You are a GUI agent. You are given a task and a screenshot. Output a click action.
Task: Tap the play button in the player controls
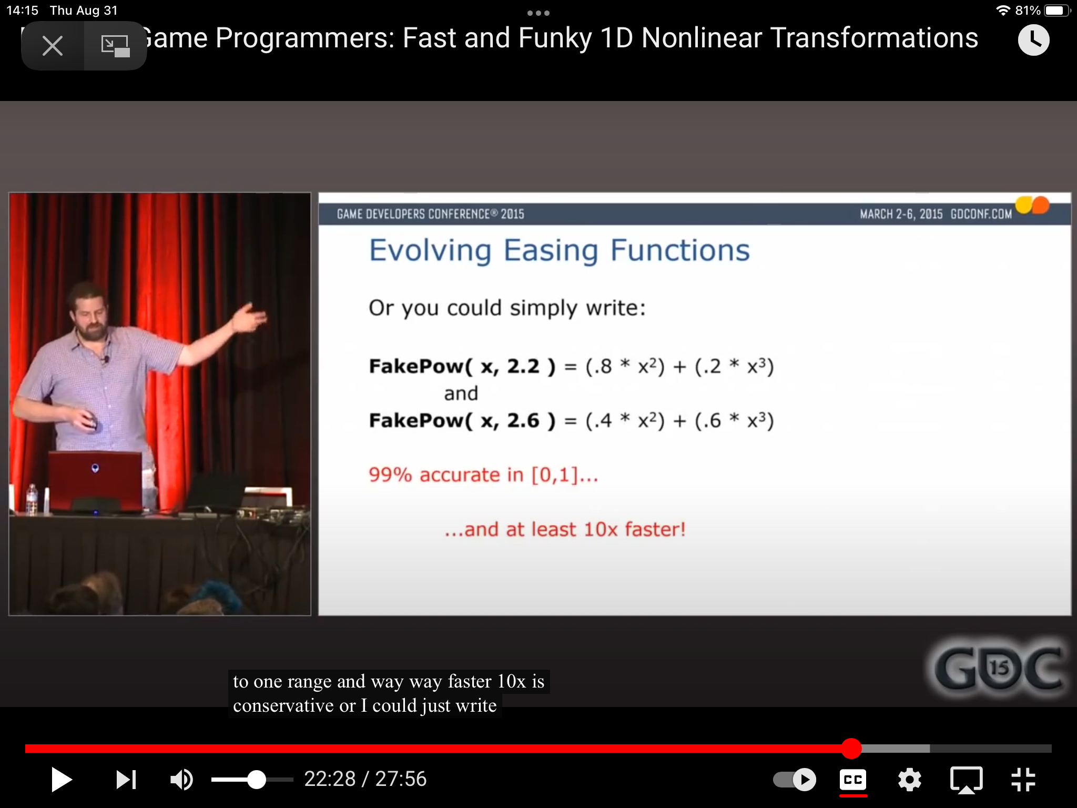click(61, 780)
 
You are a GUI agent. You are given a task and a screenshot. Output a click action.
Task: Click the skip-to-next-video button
click(126, 780)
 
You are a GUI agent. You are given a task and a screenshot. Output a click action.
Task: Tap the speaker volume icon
click(181, 780)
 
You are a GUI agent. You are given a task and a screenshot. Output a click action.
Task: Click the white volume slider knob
click(257, 780)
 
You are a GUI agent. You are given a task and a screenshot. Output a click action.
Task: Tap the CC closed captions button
click(853, 780)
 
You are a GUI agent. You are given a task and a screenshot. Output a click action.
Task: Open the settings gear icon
click(910, 780)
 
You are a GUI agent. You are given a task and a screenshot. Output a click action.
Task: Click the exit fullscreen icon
click(1023, 780)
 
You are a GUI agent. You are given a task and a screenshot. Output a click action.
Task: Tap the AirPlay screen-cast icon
click(967, 780)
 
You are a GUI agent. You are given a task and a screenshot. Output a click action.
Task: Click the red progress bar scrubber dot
click(851, 748)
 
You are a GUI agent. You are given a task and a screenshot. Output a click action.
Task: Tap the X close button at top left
click(53, 46)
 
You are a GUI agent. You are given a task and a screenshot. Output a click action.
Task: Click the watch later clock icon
click(1033, 40)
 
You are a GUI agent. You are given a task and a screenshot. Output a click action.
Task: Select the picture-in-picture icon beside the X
click(115, 46)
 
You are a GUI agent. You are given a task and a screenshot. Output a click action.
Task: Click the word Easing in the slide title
click(551, 251)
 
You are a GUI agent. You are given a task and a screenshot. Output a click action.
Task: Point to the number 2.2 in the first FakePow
click(523, 366)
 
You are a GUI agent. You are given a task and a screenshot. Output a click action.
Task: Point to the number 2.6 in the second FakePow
click(523, 420)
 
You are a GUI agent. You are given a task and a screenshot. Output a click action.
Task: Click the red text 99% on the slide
click(390, 475)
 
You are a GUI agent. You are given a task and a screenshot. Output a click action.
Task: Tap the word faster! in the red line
click(655, 529)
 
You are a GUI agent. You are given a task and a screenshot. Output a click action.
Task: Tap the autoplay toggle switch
click(794, 780)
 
